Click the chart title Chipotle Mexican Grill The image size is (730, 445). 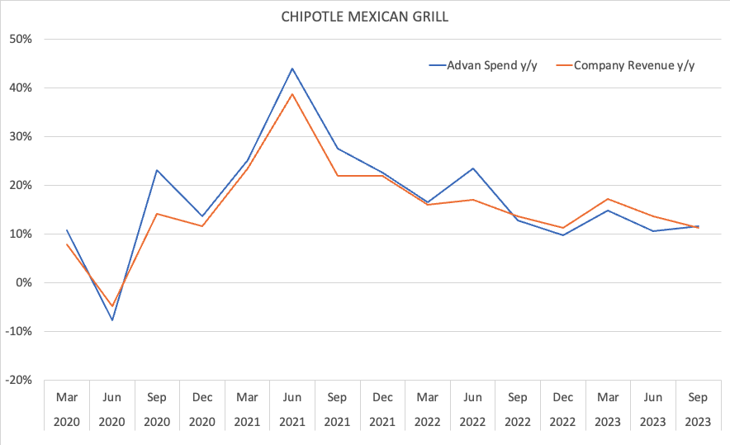(365, 17)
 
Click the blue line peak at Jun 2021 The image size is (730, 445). (292, 69)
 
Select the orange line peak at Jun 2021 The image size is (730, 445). (292, 94)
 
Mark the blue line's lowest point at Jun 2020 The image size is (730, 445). (111, 320)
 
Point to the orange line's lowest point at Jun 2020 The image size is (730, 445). (111, 306)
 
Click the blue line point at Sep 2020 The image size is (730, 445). (157, 170)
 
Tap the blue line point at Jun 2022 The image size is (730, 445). (472, 168)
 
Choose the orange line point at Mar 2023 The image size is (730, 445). (607, 199)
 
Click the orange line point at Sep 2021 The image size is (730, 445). (337, 176)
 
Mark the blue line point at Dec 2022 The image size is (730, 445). (562, 235)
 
